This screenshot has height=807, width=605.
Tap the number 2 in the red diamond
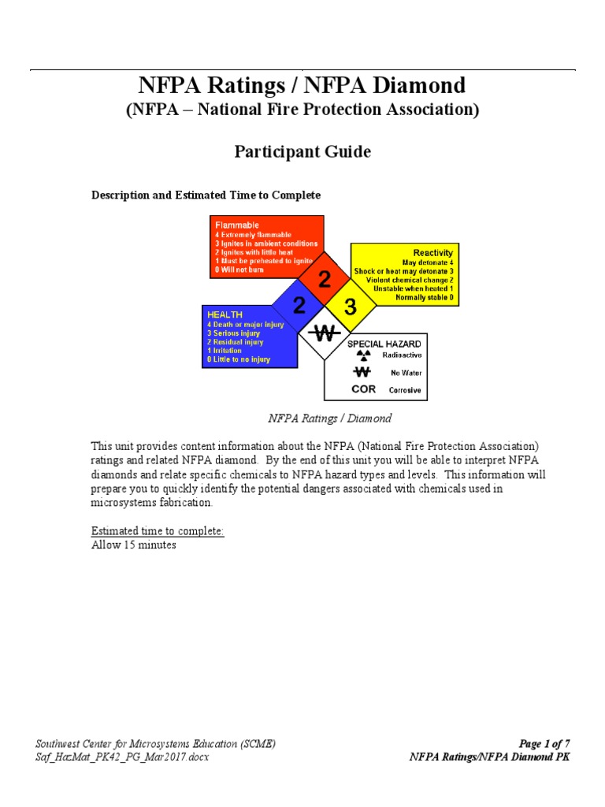pos(325,280)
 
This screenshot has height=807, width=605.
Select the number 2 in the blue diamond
pos(299,305)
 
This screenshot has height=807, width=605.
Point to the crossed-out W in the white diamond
pos(325,332)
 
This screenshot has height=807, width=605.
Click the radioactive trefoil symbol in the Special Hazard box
pos(363,355)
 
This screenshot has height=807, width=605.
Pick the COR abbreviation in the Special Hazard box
pos(363,389)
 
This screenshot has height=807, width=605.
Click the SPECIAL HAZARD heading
pos(384,344)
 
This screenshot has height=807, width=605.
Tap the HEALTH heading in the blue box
pos(225,314)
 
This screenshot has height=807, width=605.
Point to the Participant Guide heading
pos(302,151)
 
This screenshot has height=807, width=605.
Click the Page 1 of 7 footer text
pos(544,743)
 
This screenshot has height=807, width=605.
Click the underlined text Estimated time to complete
pos(158,531)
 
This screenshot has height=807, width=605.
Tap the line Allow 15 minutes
pos(134,545)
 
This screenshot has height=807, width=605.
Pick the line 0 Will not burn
pos(240,270)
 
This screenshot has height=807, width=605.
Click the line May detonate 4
pos(428,262)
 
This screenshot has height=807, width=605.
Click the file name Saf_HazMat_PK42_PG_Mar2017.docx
pos(122,757)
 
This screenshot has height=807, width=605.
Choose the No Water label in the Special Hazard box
pos(407,373)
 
